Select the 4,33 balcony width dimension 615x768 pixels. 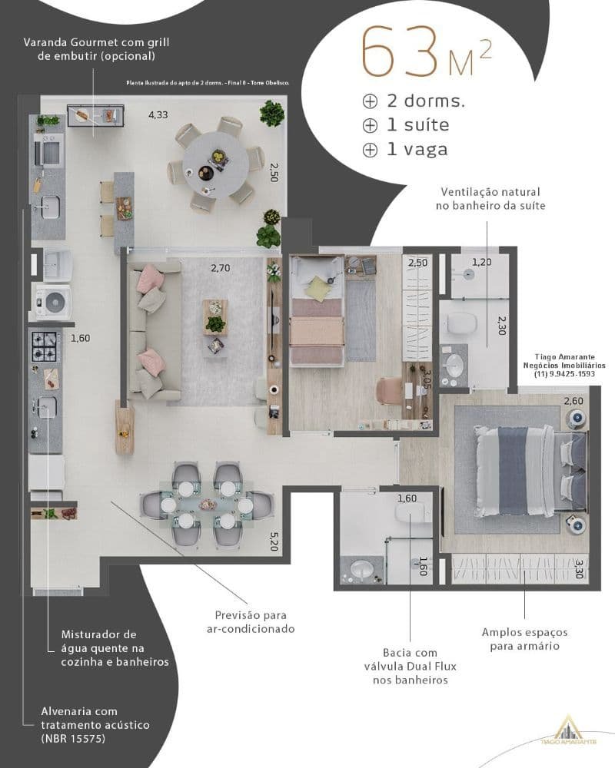tap(158, 115)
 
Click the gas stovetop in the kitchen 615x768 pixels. tap(44, 346)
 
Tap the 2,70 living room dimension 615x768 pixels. tap(221, 268)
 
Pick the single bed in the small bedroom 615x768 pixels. tap(316, 315)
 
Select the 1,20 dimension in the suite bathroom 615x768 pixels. tap(481, 262)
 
